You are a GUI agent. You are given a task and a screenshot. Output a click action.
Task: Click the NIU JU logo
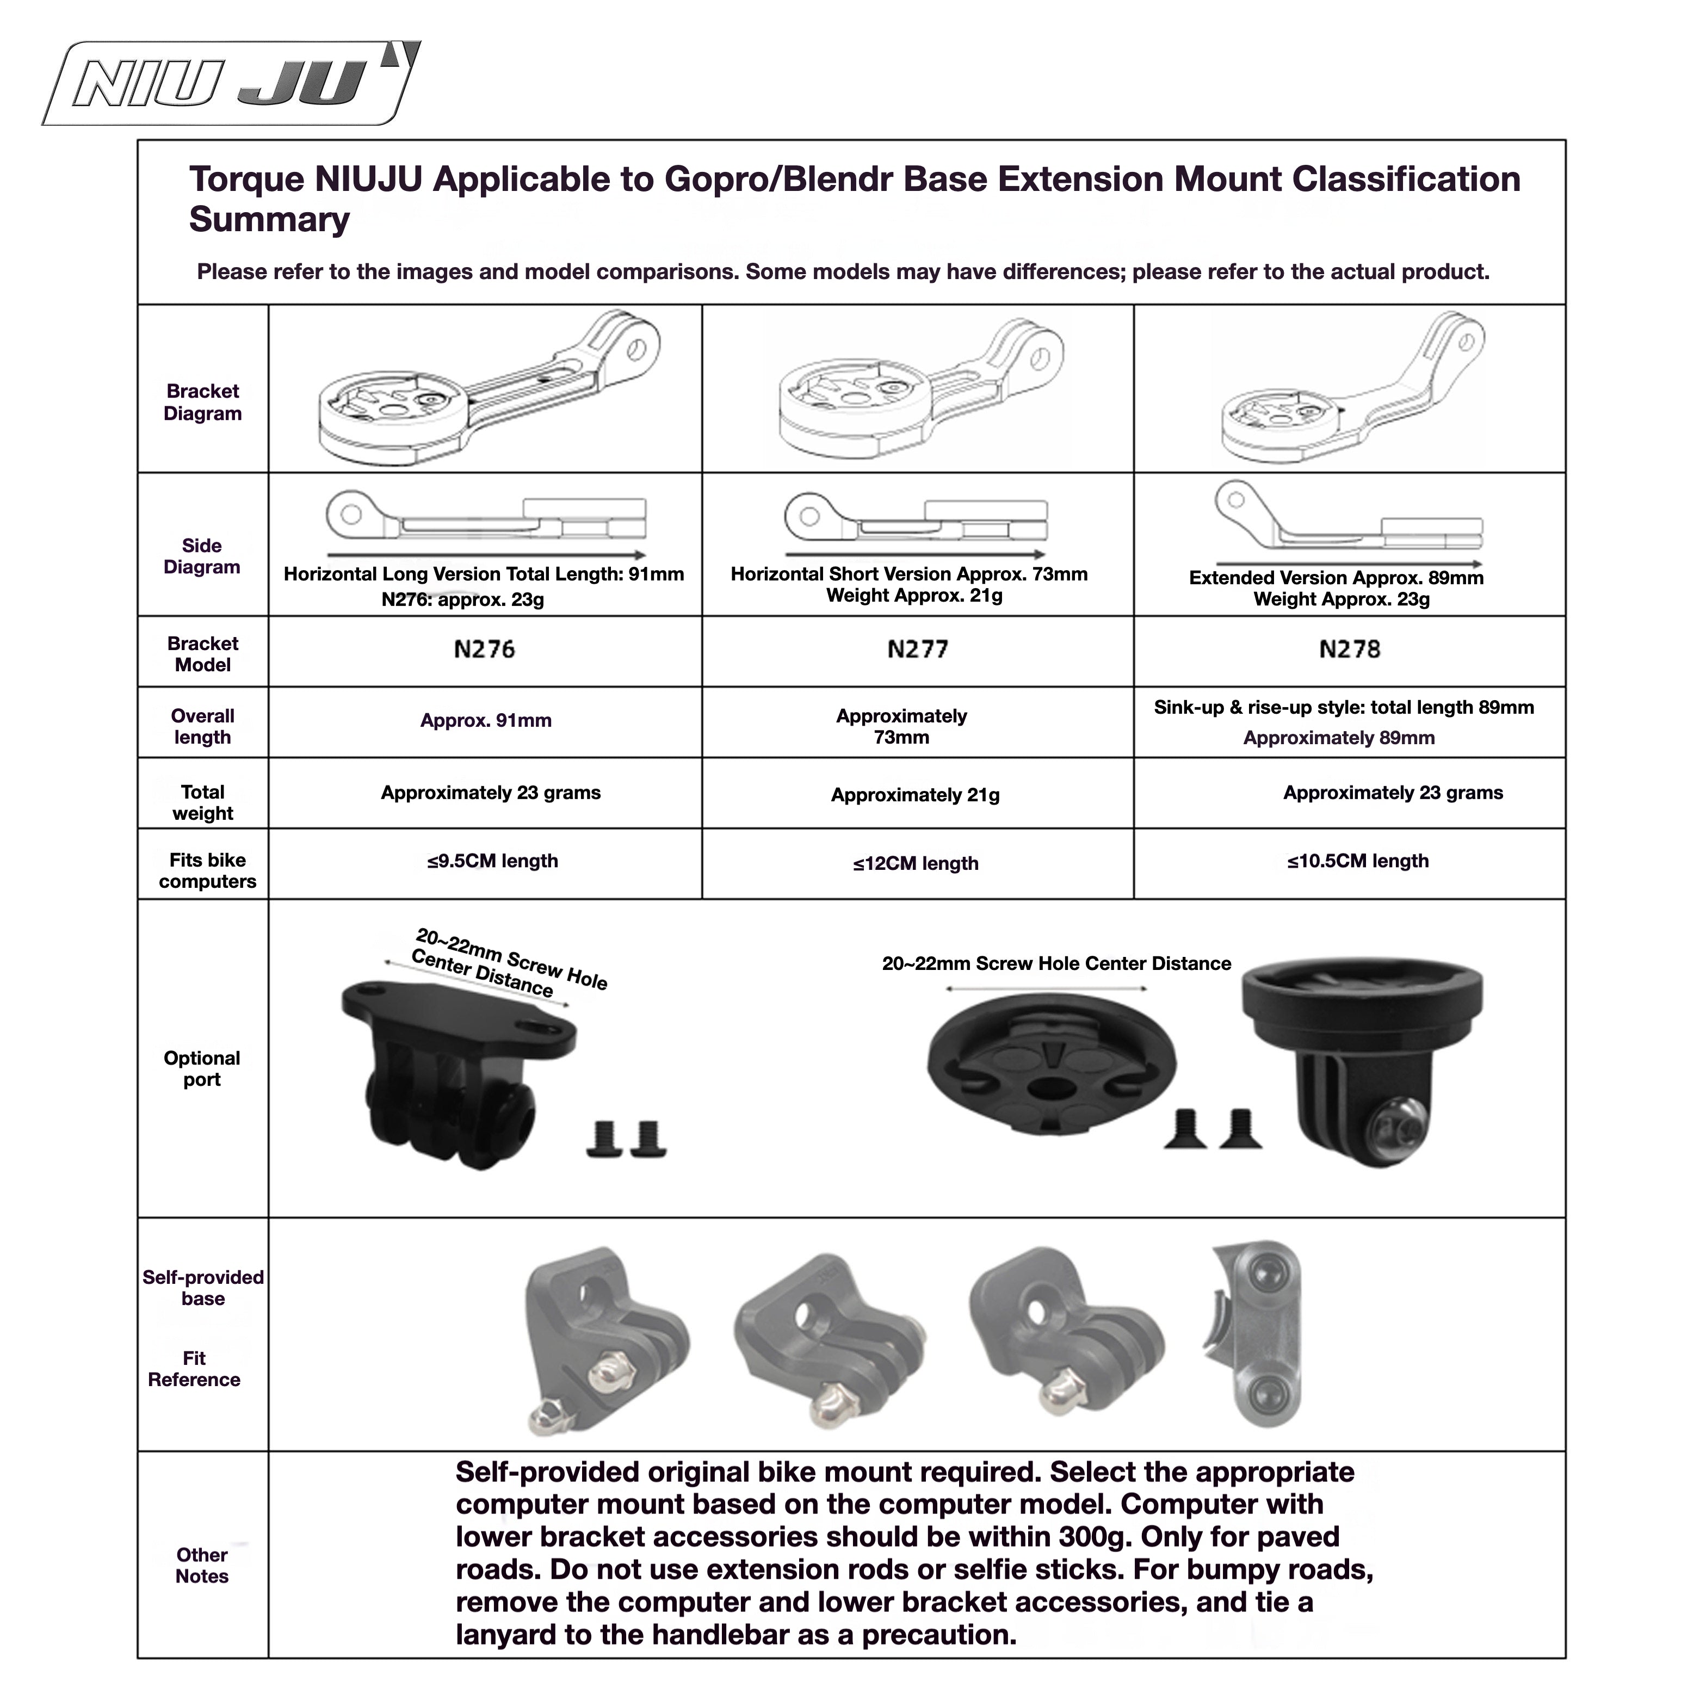[231, 84]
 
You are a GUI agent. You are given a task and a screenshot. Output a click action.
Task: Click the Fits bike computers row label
[208, 870]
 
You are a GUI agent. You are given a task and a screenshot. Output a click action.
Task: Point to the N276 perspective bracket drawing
[489, 387]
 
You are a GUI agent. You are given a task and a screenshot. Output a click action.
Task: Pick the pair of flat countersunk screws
[1214, 1129]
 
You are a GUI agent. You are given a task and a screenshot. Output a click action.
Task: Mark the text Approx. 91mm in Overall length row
[486, 721]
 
